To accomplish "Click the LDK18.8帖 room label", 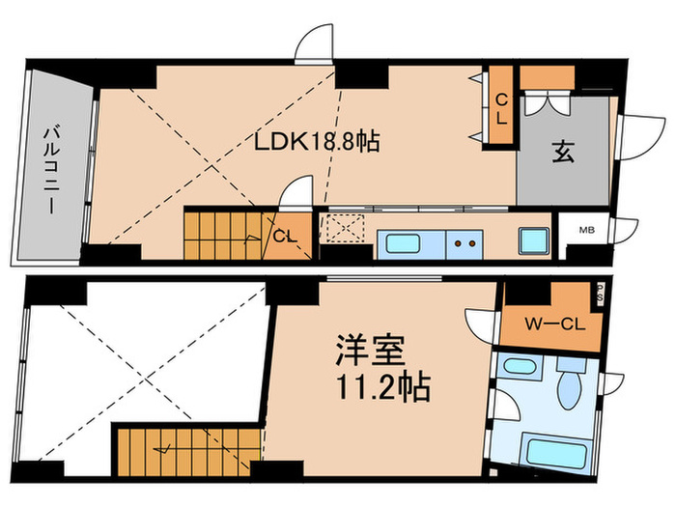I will (x=316, y=141).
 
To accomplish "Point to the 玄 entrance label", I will (x=564, y=152).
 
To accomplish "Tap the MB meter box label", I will (x=585, y=231).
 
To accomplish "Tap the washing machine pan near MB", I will (x=533, y=239).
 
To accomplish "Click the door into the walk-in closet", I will (x=481, y=324).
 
